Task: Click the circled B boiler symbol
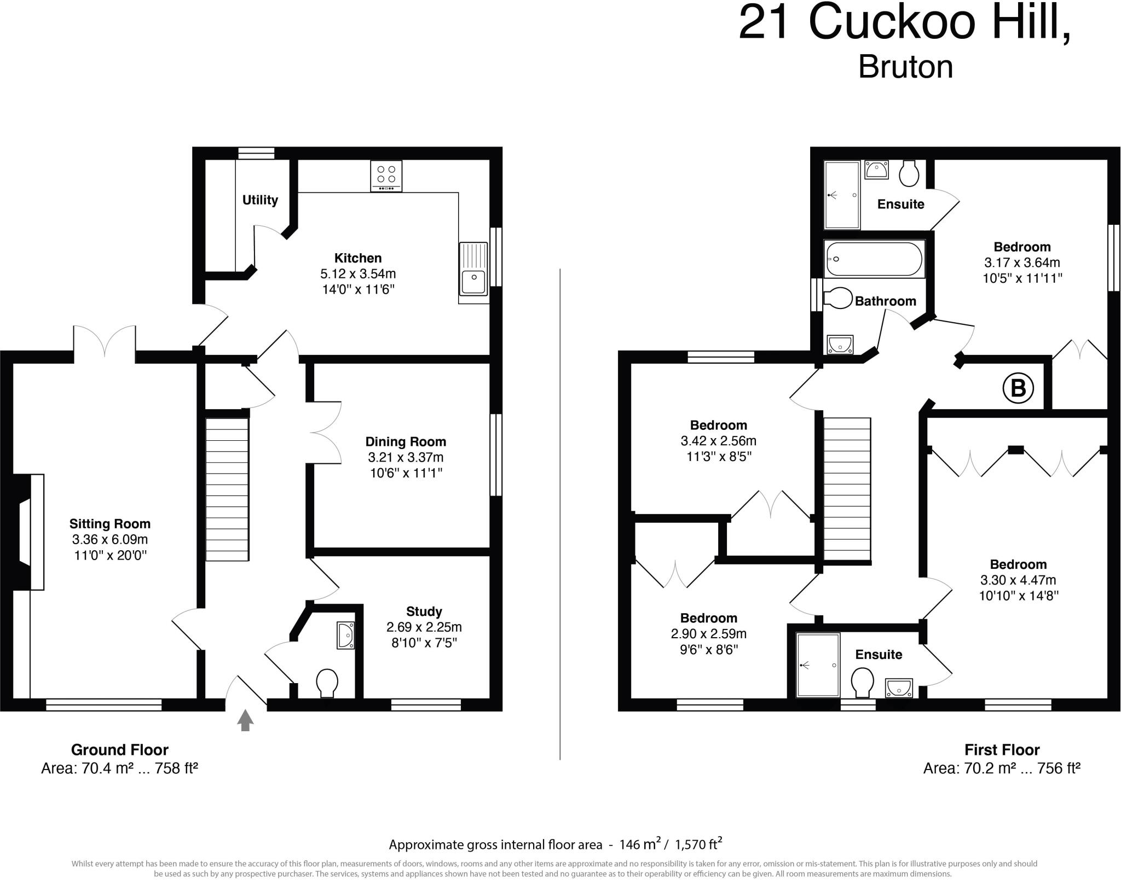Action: (x=1018, y=388)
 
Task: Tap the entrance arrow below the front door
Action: (x=245, y=720)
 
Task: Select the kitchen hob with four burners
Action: (x=386, y=176)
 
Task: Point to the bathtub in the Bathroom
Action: (x=874, y=259)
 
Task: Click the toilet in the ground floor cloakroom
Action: (x=327, y=683)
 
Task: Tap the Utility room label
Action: (x=260, y=200)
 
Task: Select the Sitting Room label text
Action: (x=110, y=524)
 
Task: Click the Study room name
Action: (x=424, y=611)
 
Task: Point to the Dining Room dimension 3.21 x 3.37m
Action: (x=406, y=457)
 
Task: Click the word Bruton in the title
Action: (x=905, y=68)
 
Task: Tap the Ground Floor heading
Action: (x=119, y=750)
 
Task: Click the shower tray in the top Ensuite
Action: (x=842, y=195)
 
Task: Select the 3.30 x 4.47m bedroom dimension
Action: (x=1018, y=580)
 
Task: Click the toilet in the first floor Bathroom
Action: (x=838, y=299)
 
